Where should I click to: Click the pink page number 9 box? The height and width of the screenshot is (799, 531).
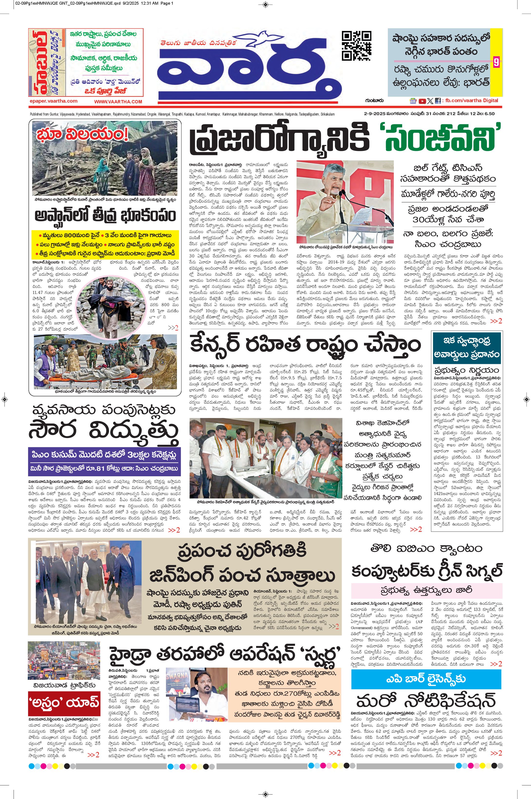(496, 63)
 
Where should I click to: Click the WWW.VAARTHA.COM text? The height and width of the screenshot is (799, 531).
(118, 101)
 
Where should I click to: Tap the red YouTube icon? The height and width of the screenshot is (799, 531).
(422, 101)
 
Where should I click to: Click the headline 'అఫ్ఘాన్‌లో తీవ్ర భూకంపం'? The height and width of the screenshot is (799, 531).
(105, 215)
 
